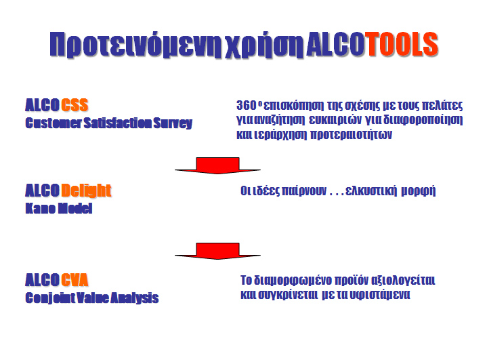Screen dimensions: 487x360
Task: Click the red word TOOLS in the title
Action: [x=402, y=44]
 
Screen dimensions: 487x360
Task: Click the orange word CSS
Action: [x=75, y=105]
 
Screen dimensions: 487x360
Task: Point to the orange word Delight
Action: [x=86, y=191]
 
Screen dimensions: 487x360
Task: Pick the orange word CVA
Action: [x=75, y=280]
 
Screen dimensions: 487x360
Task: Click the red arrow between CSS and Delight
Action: [x=217, y=165]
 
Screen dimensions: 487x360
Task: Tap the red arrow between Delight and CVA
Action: [x=217, y=252]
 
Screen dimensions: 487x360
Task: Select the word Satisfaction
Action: [x=118, y=123]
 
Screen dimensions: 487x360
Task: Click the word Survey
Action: [x=173, y=123]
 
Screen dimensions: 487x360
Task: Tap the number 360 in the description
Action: [x=246, y=105]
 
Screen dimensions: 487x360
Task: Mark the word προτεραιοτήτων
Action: [x=352, y=135]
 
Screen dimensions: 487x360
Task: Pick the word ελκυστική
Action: [x=371, y=191]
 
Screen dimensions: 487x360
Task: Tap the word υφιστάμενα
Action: [x=380, y=295]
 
